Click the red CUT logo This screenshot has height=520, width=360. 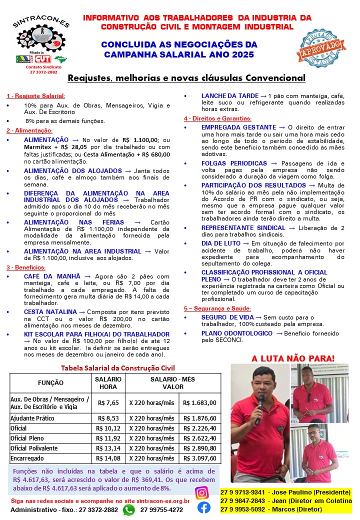(42, 59)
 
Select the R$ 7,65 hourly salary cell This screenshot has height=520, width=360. (108, 402)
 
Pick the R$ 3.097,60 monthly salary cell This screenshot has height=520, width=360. (200, 458)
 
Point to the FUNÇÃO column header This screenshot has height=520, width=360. (51, 382)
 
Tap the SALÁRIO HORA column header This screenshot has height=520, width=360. (108, 382)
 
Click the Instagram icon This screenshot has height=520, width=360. (202, 492)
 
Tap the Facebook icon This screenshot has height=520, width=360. (204, 507)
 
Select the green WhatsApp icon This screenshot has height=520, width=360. (129, 509)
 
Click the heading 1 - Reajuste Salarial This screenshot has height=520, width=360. (35, 95)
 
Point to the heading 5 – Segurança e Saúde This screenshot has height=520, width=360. (217, 308)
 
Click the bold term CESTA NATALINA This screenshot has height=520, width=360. (50, 311)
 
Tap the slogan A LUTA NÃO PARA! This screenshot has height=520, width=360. (293, 358)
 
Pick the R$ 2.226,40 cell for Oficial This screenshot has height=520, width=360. (200, 428)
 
